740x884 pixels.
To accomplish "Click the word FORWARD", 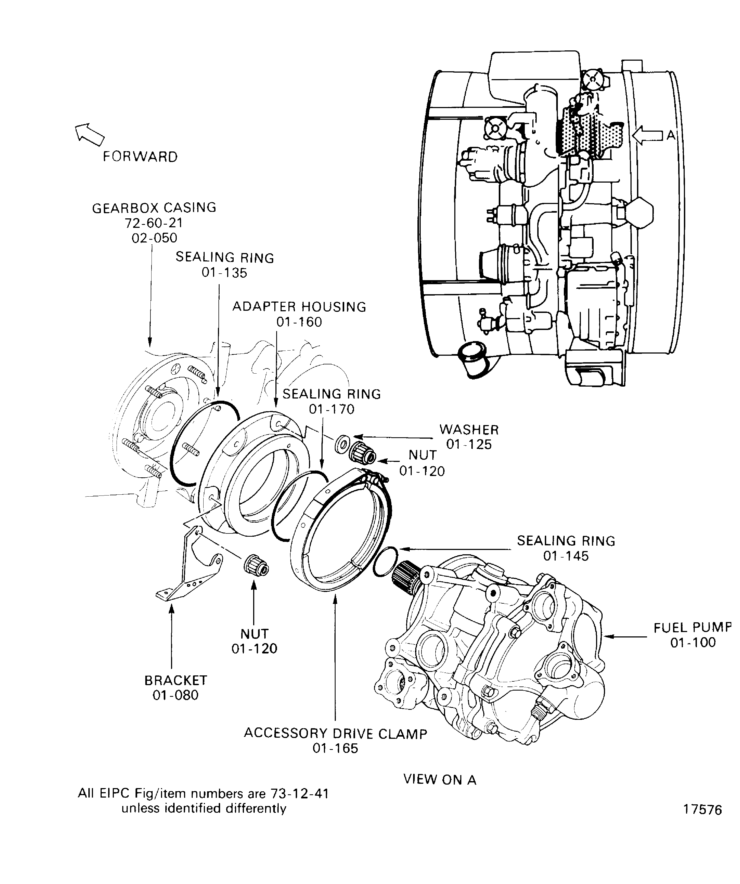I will point(140,157).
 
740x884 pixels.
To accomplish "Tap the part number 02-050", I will point(154,238).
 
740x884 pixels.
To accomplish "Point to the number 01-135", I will point(224,273).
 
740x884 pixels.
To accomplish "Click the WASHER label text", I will point(469,429).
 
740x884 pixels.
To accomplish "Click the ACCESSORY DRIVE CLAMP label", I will point(335,733).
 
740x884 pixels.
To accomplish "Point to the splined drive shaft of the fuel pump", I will point(406,573).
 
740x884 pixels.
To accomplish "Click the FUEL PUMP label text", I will point(692,628).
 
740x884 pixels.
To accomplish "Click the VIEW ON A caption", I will point(439,780).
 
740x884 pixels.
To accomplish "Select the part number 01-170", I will point(332,409).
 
